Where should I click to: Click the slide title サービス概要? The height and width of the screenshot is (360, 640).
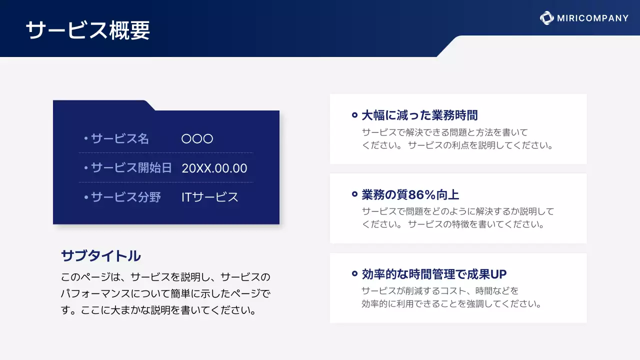(x=87, y=31)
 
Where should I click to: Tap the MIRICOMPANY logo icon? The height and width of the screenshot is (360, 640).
(x=546, y=18)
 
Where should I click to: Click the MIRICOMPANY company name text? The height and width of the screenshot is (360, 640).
(x=592, y=18)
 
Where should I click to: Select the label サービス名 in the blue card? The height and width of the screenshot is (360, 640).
(x=120, y=138)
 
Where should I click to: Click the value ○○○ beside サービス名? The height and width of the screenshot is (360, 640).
(x=197, y=138)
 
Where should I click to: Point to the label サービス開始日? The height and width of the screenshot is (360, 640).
(x=131, y=168)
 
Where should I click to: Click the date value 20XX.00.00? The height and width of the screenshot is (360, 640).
(x=214, y=168)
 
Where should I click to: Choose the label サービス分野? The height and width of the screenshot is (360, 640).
(x=126, y=197)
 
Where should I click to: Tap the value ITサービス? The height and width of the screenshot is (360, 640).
(x=210, y=197)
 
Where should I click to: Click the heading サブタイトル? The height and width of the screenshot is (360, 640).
(x=100, y=256)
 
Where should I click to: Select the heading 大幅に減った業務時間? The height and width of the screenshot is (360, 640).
(x=419, y=115)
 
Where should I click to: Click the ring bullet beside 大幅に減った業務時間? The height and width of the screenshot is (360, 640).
(x=354, y=115)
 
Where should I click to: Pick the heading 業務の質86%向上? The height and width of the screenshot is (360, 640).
(x=410, y=194)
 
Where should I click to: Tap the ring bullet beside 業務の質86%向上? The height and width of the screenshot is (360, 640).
(x=354, y=194)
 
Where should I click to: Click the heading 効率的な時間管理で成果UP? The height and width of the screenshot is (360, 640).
(x=434, y=274)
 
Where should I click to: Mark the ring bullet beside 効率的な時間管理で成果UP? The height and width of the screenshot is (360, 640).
(x=354, y=274)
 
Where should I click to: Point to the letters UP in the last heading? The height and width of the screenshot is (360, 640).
(x=498, y=274)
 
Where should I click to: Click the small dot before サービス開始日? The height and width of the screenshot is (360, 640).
(x=86, y=168)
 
